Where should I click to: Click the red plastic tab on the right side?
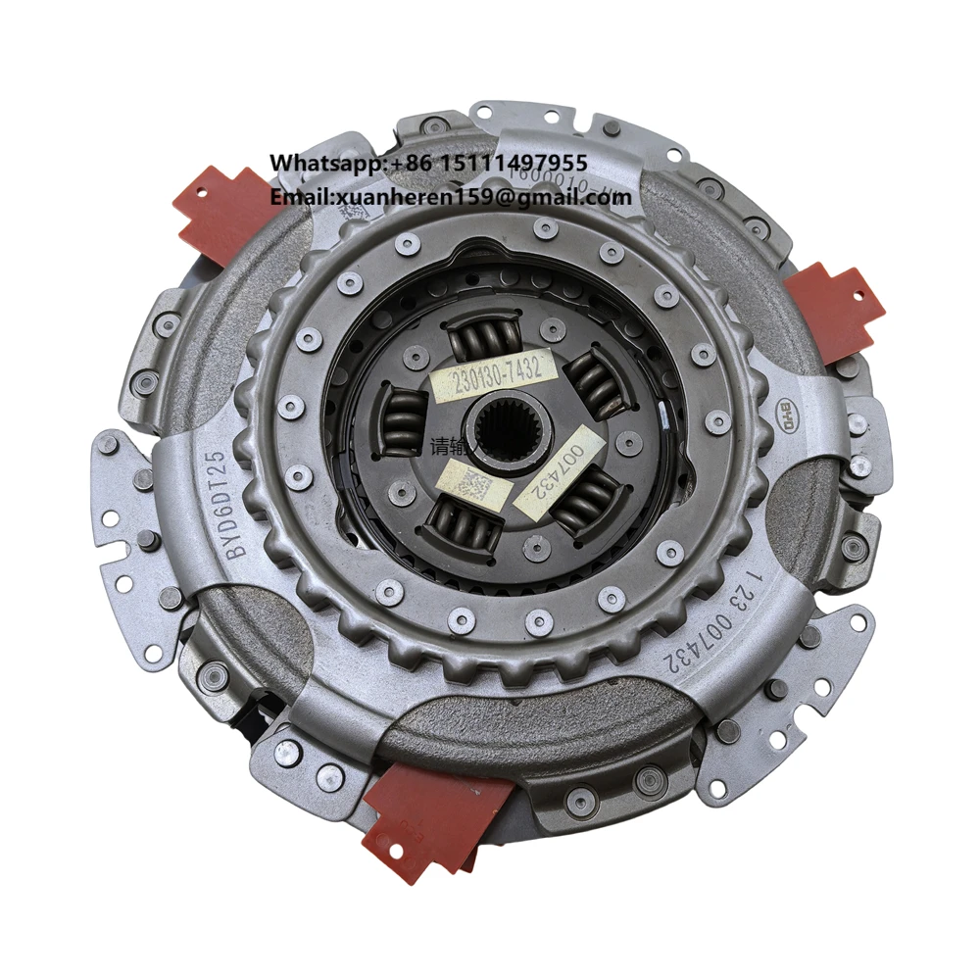(x=836, y=309)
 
